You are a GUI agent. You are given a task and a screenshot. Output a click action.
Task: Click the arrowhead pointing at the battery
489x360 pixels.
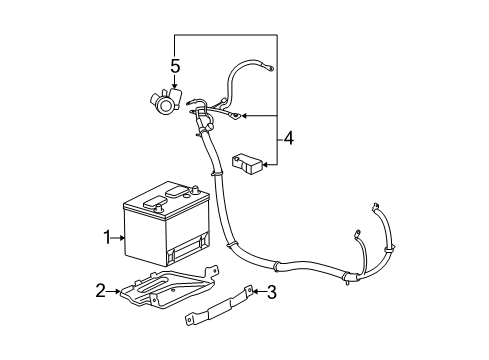(x=123, y=238)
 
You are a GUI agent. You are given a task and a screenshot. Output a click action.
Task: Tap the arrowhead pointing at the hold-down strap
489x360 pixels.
(x=252, y=292)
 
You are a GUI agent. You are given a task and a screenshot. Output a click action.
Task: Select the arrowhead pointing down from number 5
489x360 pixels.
(x=174, y=88)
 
